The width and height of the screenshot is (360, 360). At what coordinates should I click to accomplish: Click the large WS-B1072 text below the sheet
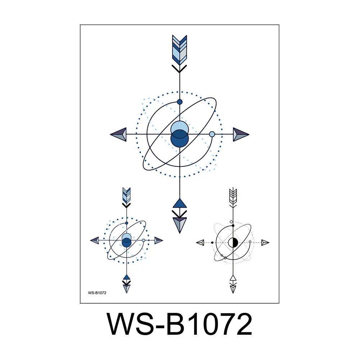tap(180, 324)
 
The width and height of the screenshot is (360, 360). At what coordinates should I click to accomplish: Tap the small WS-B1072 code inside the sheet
tap(97, 293)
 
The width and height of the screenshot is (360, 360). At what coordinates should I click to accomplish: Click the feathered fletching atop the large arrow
tap(180, 50)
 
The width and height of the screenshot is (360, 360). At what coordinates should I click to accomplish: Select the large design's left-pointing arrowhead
tap(118, 134)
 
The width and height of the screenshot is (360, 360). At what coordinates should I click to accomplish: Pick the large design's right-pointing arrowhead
tap(241, 134)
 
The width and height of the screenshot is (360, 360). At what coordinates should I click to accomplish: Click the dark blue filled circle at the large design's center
tap(180, 139)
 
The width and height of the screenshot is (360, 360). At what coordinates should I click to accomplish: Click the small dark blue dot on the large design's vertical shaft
tap(180, 102)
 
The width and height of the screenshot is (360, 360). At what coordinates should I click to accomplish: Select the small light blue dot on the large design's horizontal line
tap(212, 134)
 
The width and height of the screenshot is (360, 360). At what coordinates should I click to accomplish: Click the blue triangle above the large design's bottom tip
tap(180, 203)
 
